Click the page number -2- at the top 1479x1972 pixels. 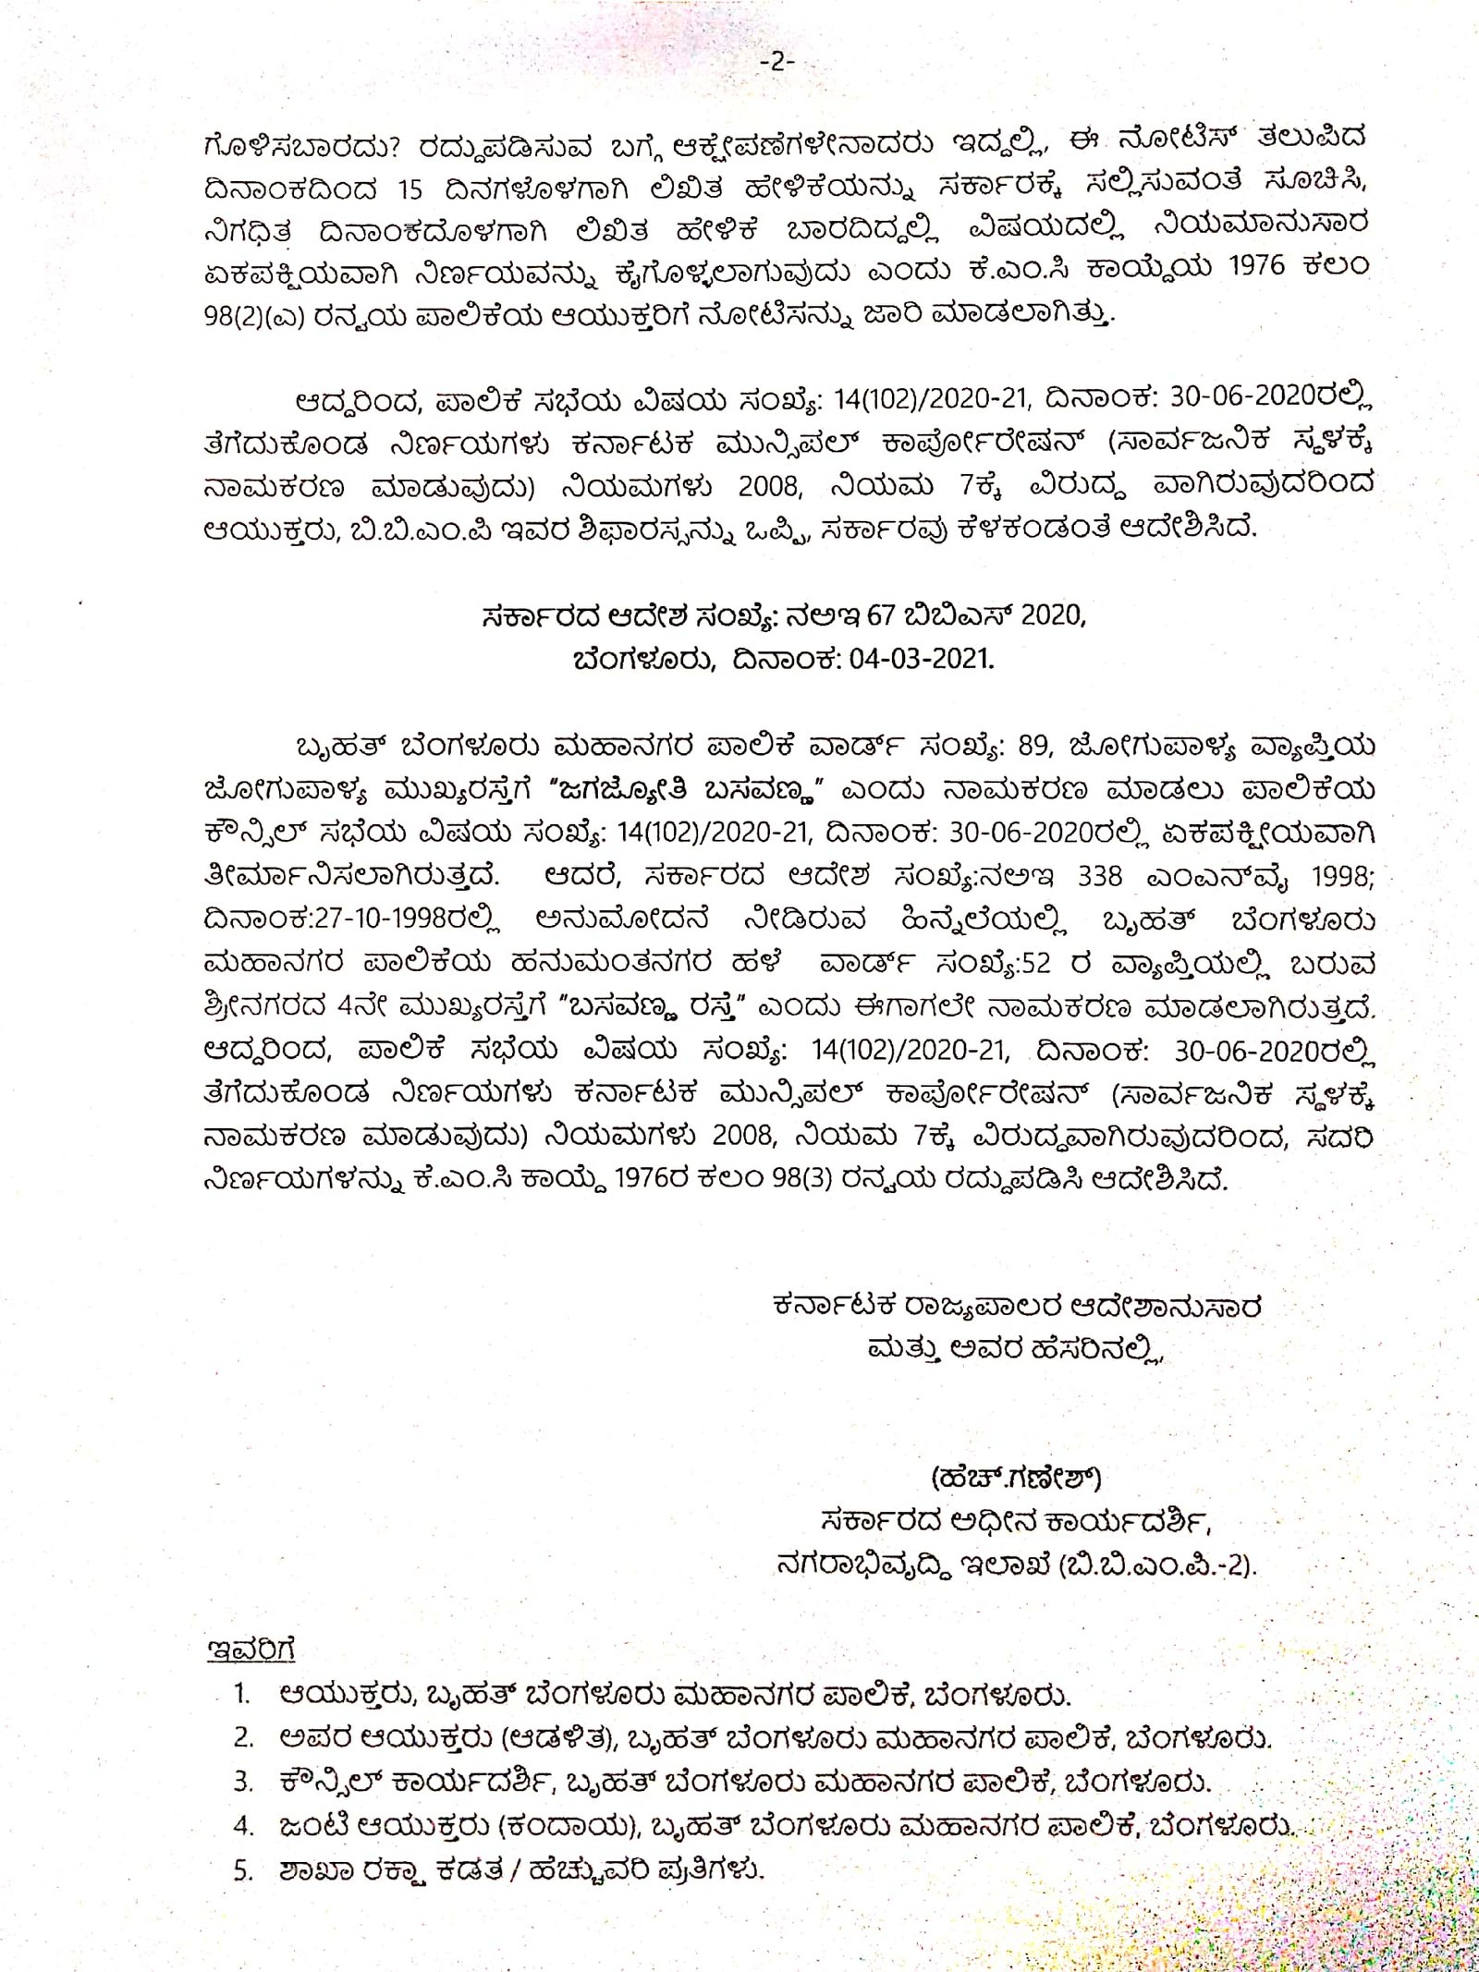[x=776, y=62]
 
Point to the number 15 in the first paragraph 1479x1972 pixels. [x=410, y=189]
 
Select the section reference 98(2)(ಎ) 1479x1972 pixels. [x=254, y=315]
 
